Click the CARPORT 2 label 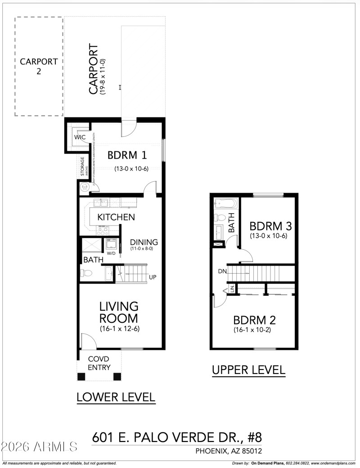[39, 66]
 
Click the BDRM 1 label [127, 155]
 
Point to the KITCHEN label [116, 217]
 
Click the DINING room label [144, 242]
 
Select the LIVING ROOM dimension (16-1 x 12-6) [119, 329]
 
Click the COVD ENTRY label [99, 363]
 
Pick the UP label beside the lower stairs [153, 277]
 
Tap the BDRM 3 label [268, 225]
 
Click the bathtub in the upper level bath [223, 203]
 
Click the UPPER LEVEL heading [248, 370]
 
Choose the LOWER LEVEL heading [116, 397]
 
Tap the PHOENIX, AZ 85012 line [229, 450]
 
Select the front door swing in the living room [87, 340]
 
